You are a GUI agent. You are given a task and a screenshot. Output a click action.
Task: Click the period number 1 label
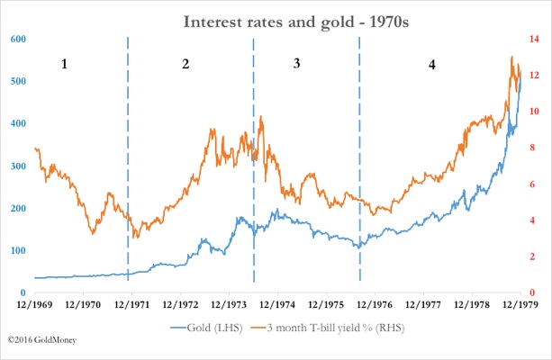pos(63,65)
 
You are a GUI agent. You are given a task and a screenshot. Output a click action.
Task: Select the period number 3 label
pos(296,65)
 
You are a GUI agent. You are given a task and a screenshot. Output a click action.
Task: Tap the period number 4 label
pos(432,65)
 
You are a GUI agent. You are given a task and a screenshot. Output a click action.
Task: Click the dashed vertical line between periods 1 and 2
pos(128,162)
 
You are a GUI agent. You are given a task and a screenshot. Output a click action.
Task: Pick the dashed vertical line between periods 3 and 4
pos(360,162)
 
